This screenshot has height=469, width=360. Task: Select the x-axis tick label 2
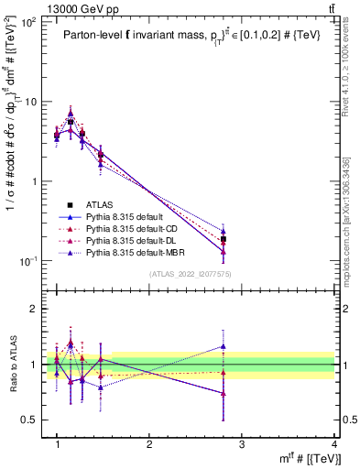pos(149,444)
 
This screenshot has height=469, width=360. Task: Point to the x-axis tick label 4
pos(333,444)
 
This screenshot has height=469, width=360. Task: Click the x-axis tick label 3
pos(242,444)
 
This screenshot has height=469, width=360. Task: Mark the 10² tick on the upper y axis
pos(29,22)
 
